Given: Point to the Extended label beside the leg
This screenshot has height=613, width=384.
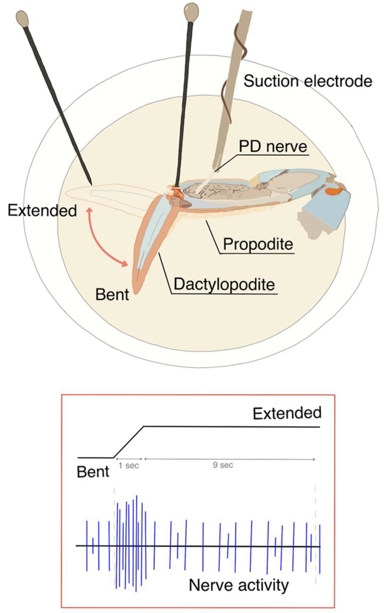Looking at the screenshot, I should pyautogui.click(x=42, y=211).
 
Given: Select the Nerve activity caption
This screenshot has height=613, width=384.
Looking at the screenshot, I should pyautogui.click(x=239, y=585).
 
